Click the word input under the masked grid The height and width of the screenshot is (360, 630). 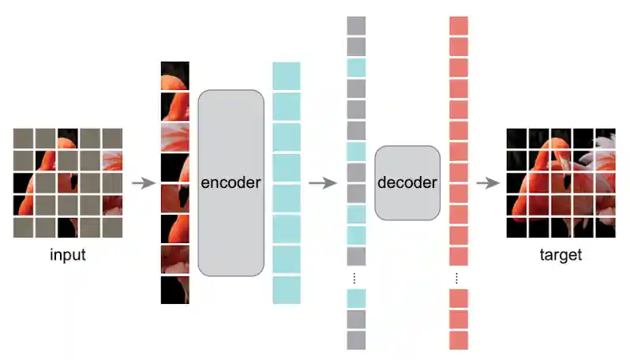point(68,255)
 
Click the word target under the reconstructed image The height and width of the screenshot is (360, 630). point(561,255)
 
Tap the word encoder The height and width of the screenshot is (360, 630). point(231,183)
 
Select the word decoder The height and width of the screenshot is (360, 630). point(407,183)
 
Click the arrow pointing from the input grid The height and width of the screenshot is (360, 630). point(143,184)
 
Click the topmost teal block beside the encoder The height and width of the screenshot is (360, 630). point(287,76)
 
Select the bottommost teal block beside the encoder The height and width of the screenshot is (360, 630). point(287,290)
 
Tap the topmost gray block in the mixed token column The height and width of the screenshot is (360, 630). point(356,25)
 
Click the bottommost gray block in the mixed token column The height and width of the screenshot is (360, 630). point(356,339)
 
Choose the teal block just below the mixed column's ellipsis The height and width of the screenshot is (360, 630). point(356,298)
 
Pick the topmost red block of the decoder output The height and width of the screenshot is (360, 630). point(459,25)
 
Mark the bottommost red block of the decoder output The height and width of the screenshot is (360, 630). point(459,339)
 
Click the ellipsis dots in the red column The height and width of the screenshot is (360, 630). point(459,278)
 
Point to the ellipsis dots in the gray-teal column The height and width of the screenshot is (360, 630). point(356,278)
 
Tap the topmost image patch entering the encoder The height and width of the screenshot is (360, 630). point(175,76)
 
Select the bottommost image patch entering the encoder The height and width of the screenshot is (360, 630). point(175,290)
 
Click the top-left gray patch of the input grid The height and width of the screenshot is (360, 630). point(24,138)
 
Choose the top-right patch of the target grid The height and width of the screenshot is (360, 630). point(605,138)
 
